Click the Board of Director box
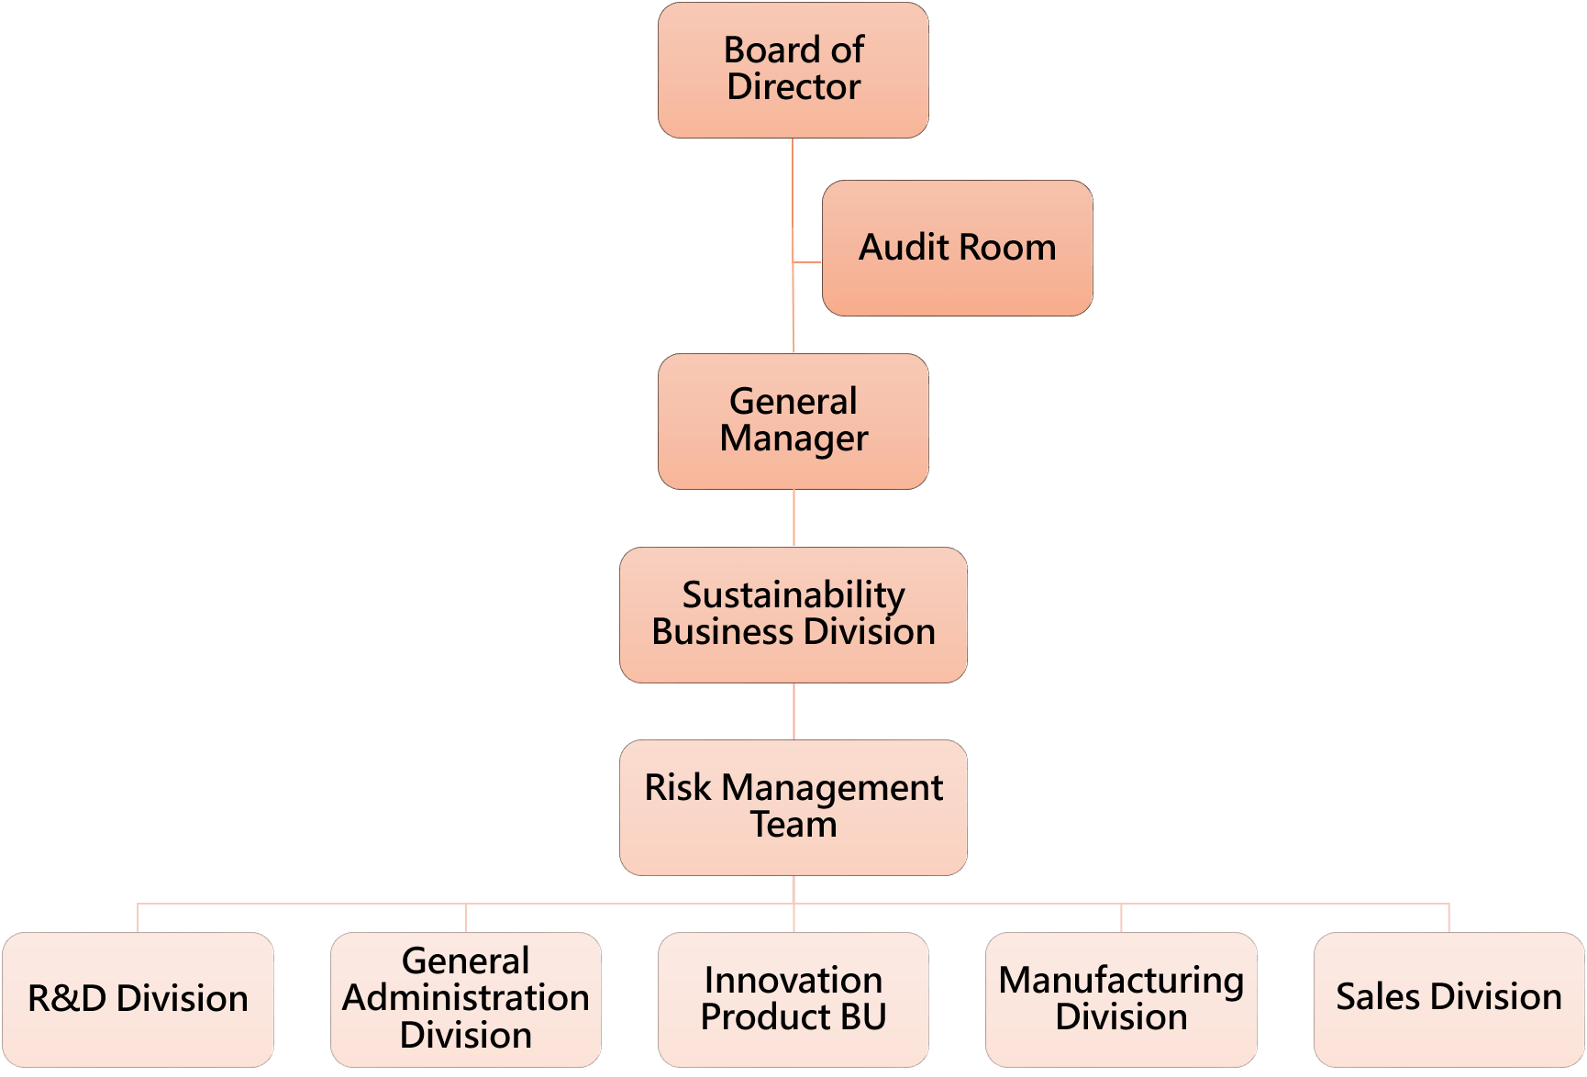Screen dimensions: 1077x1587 click(793, 71)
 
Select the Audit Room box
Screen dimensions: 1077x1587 click(957, 248)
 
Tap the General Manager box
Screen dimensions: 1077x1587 click(793, 421)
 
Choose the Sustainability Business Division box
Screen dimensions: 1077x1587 click(793, 615)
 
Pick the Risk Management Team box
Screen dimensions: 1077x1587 click(793, 807)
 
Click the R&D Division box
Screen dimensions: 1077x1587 click(138, 999)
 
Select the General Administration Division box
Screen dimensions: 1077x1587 click(466, 999)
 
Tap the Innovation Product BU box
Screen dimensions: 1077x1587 click(793, 999)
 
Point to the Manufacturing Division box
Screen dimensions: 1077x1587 click(1121, 999)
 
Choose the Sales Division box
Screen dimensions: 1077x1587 click(1448, 999)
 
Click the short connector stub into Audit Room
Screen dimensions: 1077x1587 click(808, 262)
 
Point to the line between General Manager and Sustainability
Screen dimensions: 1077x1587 click(793, 518)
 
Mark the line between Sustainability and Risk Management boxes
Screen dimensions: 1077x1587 click(793, 711)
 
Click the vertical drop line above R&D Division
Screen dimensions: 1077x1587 click(138, 918)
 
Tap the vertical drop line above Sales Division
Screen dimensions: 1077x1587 click(1448, 918)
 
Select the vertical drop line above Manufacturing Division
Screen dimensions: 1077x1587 click(1121, 918)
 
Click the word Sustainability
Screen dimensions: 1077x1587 click(793, 595)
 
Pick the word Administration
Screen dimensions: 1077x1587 click(466, 998)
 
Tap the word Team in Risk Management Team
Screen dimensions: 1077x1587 click(793, 825)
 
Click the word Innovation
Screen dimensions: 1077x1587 click(793, 981)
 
